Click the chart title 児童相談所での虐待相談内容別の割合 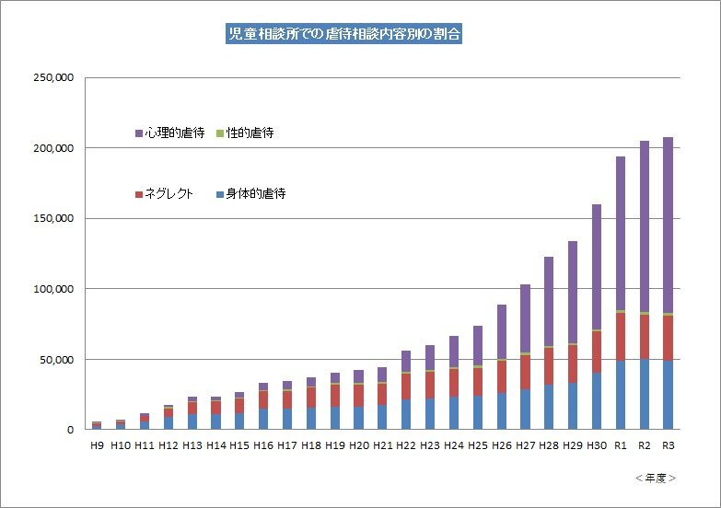coord(345,36)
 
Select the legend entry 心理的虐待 coord(169,133)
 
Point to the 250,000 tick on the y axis coord(52,78)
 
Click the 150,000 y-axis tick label coord(52,219)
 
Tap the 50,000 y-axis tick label coord(55,359)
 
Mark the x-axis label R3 coord(669,445)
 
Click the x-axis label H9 coord(97,445)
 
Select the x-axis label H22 coord(406,445)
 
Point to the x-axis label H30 coord(597,445)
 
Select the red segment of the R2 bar coord(645,337)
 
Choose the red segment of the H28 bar coord(549,366)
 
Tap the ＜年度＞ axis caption coord(656,479)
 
